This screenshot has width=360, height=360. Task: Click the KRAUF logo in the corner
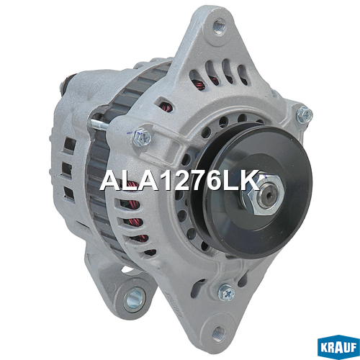point(338,346)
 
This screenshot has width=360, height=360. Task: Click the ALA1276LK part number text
point(180,180)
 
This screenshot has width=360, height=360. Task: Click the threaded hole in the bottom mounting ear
point(219,334)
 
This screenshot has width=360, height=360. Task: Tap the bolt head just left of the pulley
point(142,138)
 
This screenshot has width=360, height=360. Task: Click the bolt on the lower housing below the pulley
point(226,292)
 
